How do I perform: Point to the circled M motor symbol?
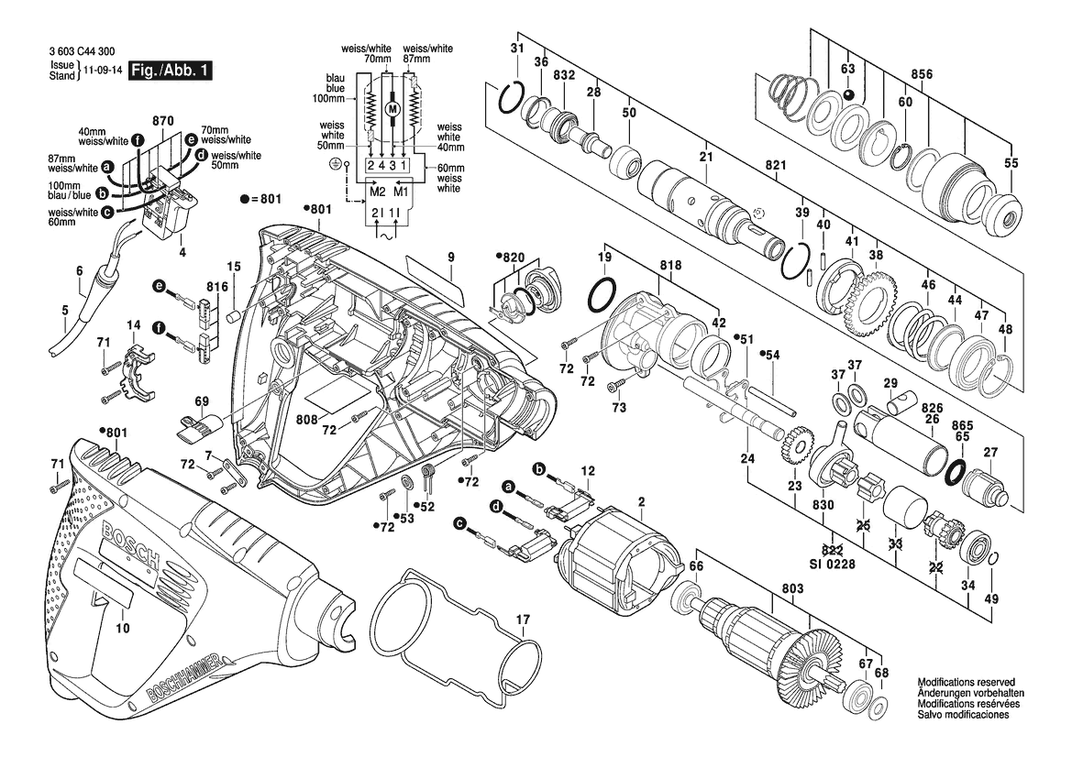[392, 109]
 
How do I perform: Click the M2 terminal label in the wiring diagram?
[378, 192]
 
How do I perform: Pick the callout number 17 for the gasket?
[523, 620]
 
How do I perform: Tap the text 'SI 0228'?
[833, 565]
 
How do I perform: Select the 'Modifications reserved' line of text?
[966, 682]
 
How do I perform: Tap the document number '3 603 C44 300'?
[82, 51]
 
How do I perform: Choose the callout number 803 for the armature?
[793, 588]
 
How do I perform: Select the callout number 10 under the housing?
[122, 628]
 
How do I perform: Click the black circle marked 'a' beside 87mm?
[106, 167]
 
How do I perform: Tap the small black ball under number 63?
[847, 94]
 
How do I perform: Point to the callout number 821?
[775, 165]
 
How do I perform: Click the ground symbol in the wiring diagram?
[334, 165]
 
